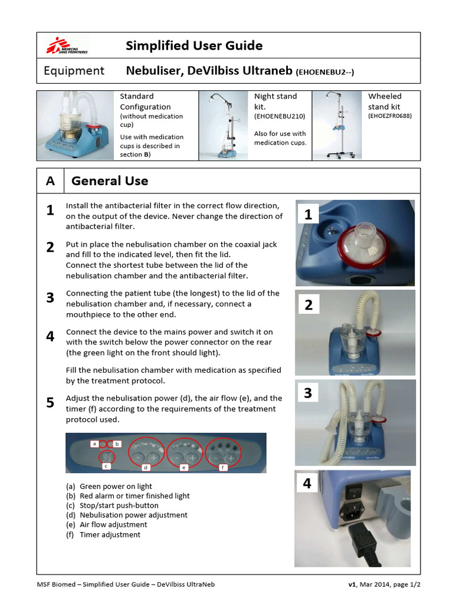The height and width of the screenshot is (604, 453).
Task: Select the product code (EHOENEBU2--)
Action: click(x=325, y=72)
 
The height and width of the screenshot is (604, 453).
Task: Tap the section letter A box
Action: click(x=51, y=181)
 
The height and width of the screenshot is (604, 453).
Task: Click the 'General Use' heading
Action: click(x=110, y=181)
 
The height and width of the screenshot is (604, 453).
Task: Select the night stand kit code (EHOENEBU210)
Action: click(x=279, y=117)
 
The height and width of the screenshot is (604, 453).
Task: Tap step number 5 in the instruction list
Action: click(x=51, y=403)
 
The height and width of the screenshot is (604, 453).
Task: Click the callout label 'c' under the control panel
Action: click(x=106, y=467)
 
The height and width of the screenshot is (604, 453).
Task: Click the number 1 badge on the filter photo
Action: click(x=308, y=215)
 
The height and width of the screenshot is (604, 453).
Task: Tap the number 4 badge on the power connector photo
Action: click(x=307, y=484)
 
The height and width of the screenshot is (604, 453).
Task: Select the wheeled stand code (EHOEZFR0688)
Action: click(x=390, y=117)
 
